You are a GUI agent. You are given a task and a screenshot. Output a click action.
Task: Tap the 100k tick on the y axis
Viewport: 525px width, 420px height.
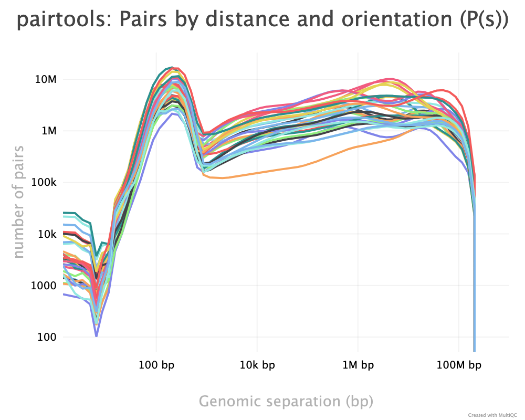tap(43, 182)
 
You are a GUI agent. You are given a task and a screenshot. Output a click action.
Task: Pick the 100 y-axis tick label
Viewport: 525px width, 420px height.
tap(47, 337)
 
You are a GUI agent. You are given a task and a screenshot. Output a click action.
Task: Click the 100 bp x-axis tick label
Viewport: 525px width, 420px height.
tap(156, 365)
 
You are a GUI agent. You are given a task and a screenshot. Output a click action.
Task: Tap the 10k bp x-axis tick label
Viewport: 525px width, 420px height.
tap(257, 365)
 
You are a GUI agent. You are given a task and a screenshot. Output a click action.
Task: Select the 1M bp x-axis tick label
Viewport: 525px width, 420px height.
tap(358, 365)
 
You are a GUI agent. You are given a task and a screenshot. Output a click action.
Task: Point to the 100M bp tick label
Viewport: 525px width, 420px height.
tap(459, 365)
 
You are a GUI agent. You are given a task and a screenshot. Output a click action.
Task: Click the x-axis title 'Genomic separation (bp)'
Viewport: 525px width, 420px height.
tap(286, 402)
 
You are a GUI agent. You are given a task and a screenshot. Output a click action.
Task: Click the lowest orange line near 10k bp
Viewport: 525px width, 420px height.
tap(257, 172)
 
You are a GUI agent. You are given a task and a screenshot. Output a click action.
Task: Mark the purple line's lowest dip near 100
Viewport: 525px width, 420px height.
tap(96, 335)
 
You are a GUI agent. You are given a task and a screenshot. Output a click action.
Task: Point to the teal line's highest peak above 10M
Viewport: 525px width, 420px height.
tap(171, 68)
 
